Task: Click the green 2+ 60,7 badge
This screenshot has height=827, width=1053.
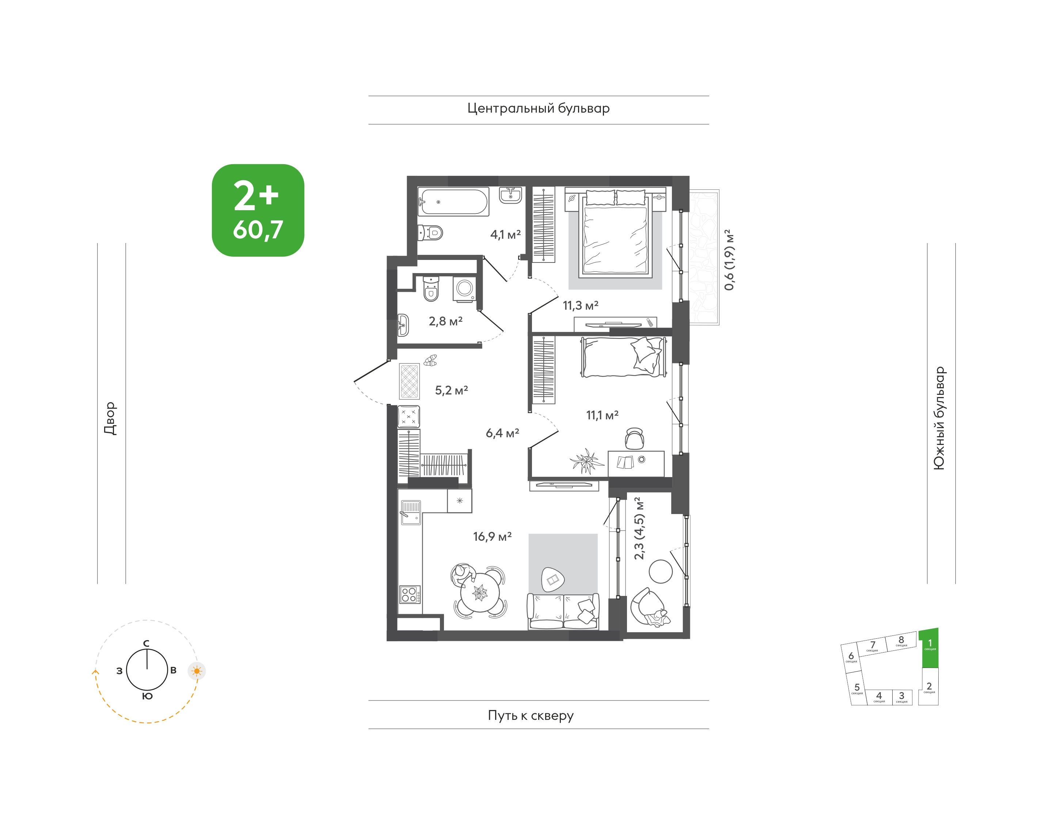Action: pos(258,210)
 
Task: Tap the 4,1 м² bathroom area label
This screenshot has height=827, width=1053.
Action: pos(505,234)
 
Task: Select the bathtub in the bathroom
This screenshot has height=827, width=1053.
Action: pos(453,202)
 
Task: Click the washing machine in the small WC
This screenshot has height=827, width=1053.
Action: pos(464,289)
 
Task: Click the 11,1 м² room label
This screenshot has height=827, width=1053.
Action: pos(602,415)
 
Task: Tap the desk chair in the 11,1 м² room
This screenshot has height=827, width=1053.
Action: pos(634,438)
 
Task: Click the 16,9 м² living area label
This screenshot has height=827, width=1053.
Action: pos(492,536)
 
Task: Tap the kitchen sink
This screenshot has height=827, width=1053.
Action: pos(410,513)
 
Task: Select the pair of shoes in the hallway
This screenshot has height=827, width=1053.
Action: pos(430,360)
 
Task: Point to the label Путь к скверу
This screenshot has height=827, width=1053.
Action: pos(531,715)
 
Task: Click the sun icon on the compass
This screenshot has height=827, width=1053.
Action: pos(197,671)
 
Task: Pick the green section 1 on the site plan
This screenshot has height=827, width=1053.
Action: pos(929,648)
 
